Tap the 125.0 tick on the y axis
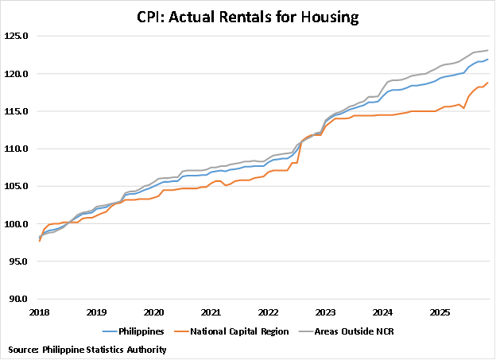tap(18, 37)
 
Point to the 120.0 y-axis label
tap(18, 74)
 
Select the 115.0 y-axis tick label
tap(18, 111)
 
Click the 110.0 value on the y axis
tap(18, 149)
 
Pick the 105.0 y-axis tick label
tap(18, 186)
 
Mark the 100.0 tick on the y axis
tap(18, 224)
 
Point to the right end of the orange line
tap(487, 83)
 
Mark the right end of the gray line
tap(487, 50)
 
